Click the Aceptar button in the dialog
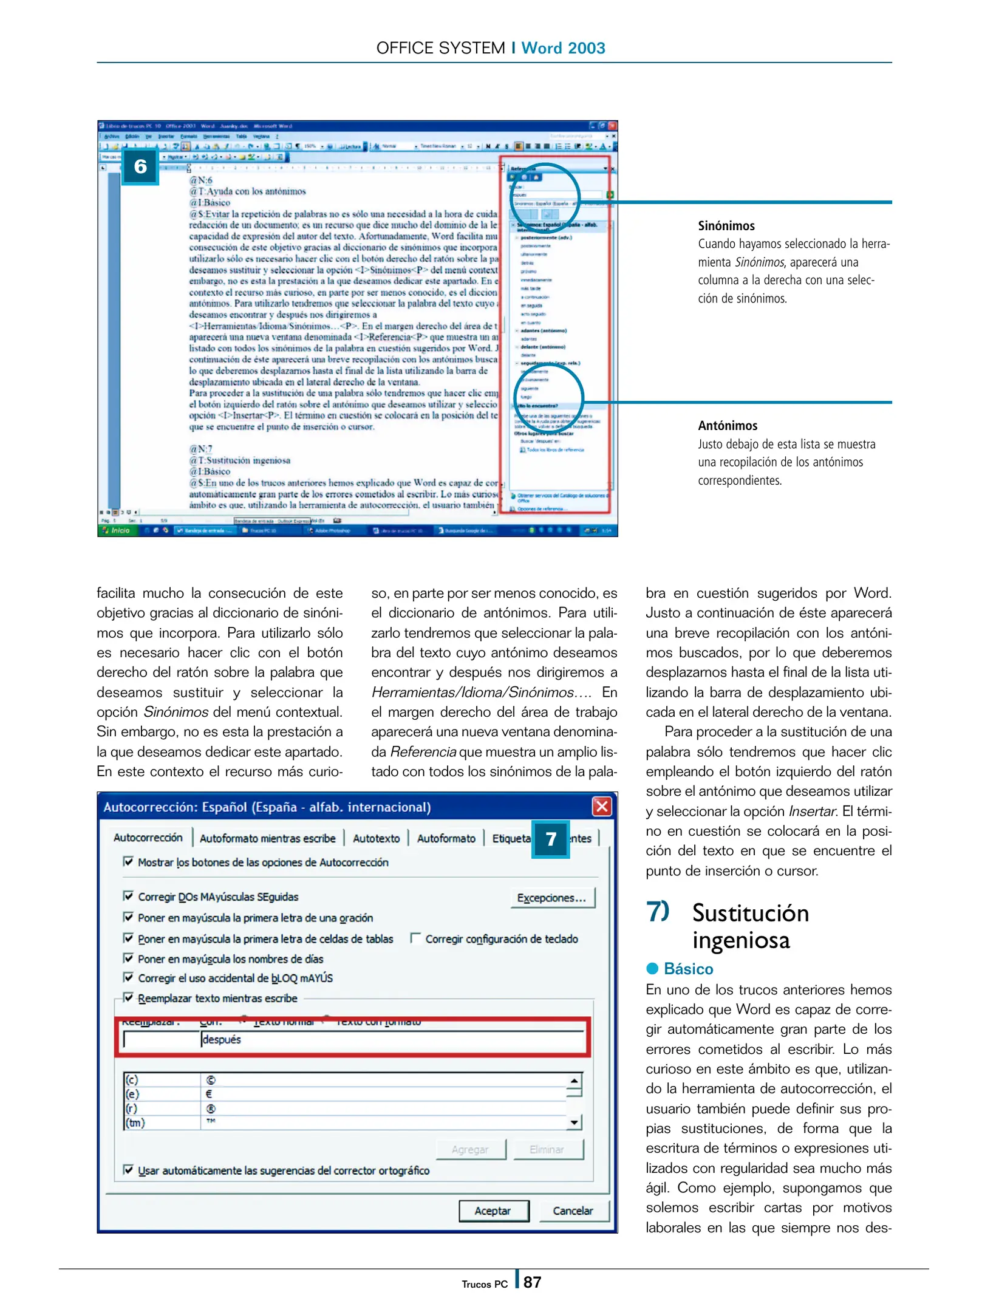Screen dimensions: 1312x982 (493, 1211)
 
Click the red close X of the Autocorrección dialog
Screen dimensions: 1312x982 (601, 807)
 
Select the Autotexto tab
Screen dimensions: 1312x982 (376, 838)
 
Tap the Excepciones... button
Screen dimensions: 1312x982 (551, 898)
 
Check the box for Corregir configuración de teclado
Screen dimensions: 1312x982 (416, 938)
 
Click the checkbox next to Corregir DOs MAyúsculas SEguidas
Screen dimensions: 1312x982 (128, 896)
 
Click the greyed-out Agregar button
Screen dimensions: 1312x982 (470, 1149)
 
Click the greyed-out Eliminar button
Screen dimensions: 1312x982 (547, 1149)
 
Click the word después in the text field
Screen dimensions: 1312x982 (222, 1039)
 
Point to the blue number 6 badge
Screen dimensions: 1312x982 (140, 166)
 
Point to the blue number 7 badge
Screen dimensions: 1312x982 (550, 839)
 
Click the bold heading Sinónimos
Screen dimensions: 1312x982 (726, 226)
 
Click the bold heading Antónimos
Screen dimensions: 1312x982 (728, 426)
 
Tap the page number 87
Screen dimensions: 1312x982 (532, 1282)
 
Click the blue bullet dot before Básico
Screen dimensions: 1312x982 (652, 968)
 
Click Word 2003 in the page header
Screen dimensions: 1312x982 (563, 48)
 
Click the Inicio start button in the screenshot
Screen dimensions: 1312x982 (118, 530)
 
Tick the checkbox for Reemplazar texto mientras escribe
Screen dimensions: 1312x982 (128, 997)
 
